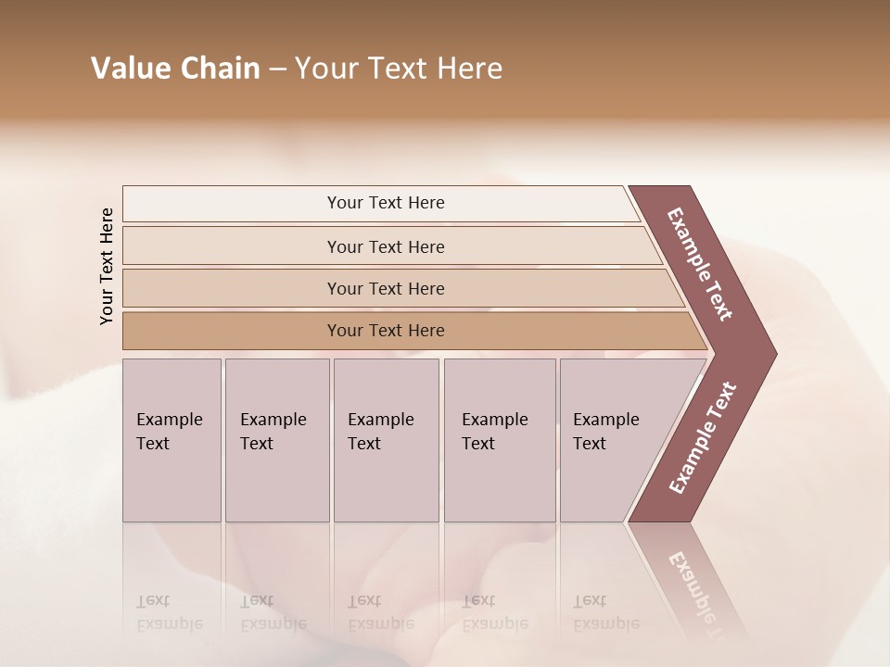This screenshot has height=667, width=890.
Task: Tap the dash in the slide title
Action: [x=277, y=69]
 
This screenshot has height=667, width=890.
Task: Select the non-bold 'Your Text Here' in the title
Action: [x=399, y=69]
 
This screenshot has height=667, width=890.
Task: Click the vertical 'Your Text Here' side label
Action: [x=107, y=266]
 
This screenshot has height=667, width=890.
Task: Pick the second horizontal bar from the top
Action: [x=386, y=246]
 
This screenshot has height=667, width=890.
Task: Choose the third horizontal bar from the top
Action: [x=386, y=288]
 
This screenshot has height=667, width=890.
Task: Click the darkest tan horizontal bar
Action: [x=386, y=331]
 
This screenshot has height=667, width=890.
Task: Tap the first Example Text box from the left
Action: [x=172, y=440]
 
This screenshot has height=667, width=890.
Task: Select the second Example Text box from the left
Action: [x=277, y=440]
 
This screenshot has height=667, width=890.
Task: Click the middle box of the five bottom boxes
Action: [x=386, y=440]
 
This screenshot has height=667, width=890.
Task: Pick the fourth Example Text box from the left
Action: [x=500, y=440]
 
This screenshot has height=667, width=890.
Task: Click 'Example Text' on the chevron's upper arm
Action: [x=700, y=264]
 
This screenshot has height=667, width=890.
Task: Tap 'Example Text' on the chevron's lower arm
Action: [x=703, y=438]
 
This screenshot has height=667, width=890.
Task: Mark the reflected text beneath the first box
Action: [x=169, y=612]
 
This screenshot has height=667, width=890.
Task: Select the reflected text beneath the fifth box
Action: [x=605, y=612]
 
